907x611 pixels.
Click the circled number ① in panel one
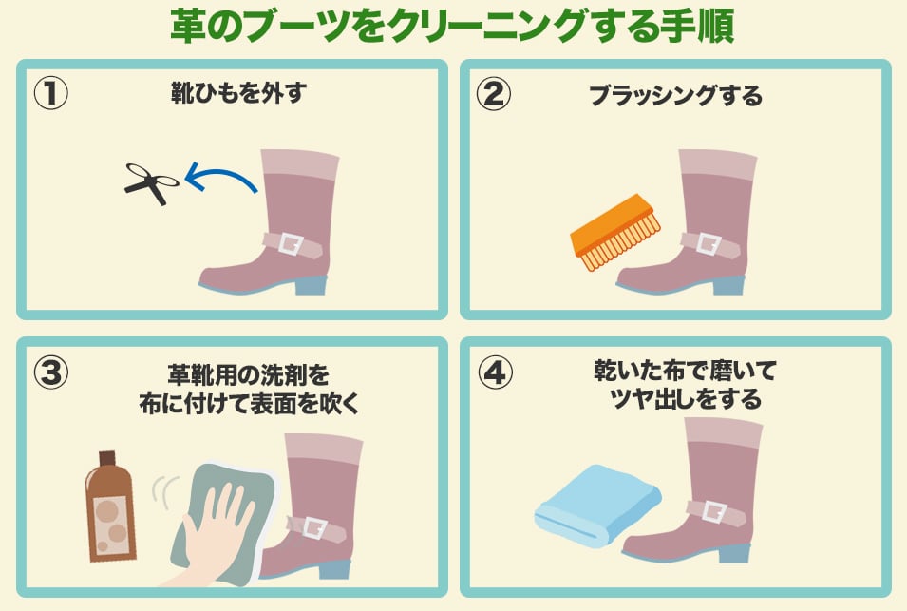point(51,94)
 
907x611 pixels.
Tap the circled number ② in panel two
point(494,94)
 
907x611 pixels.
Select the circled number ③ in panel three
point(51,372)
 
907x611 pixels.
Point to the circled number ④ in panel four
point(495,372)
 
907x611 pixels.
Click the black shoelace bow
point(152,182)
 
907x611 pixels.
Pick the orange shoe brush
point(615,233)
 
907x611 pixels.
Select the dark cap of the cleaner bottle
point(108,458)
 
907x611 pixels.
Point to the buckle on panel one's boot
point(291,244)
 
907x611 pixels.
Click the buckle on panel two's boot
point(708,243)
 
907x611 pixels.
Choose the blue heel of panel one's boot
point(312,285)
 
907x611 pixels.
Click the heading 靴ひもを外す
point(237,93)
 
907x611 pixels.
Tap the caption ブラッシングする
point(675,95)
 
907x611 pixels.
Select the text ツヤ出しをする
point(686,399)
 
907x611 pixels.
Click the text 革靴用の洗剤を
point(249,375)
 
